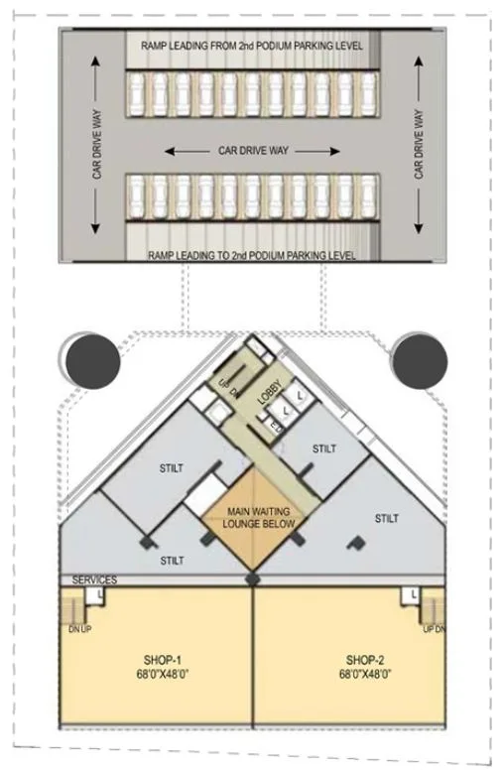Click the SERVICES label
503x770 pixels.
(x=94, y=579)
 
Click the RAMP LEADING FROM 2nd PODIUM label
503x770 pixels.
(x=244, y=46)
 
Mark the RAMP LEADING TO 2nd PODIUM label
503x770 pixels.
(x=252, y=255)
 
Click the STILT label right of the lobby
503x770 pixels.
(x=324, y=449)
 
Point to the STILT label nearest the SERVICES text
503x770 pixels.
(x=172, y=561)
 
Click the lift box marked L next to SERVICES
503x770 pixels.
(x=101, y=593)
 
